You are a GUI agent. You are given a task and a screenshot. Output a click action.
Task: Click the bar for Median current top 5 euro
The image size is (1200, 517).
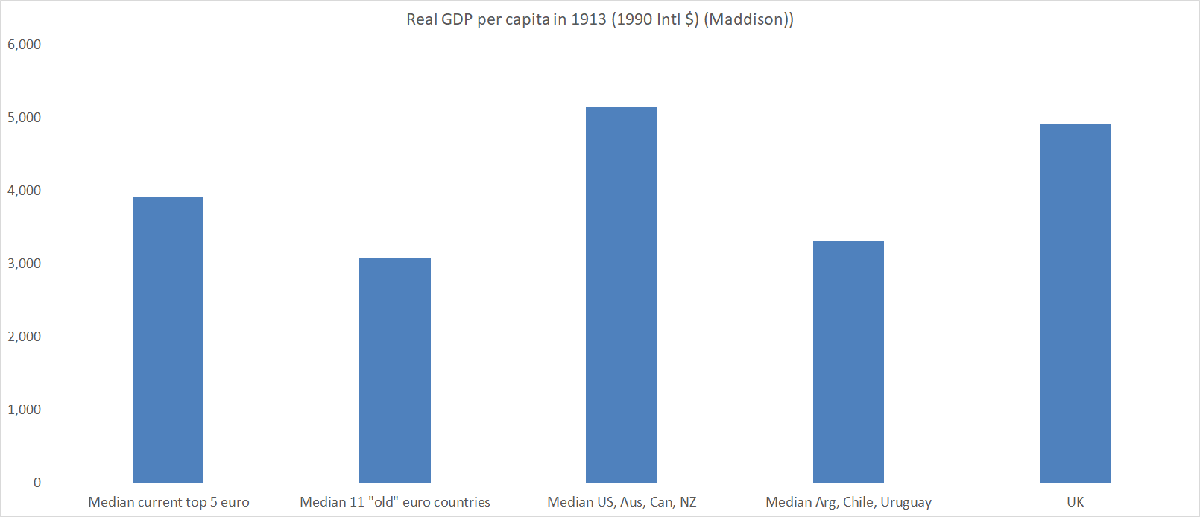pyautogui.click(x=168, y=340)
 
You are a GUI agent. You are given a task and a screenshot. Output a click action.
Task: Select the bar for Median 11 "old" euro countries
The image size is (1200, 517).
pyautogui.click(x=394, y=370)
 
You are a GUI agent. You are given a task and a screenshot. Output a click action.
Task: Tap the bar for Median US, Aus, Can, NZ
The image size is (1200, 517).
pyautogui.click(x=621, y=294)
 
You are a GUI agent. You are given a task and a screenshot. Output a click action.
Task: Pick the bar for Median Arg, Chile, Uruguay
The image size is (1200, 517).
pyautogui.click(x=848, y=361)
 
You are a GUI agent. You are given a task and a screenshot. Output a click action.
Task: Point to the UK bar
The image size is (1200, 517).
pyautogui.click(x=1075, y=302)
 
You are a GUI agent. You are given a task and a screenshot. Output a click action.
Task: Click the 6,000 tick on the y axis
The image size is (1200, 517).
pyautogui.click(x=25, y=45)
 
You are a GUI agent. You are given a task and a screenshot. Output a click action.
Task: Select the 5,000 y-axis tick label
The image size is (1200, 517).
pyautogui.click(x=25, y=118)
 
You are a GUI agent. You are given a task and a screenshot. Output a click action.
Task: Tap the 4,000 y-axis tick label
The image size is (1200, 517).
pyautogui.click(x=25, y=191)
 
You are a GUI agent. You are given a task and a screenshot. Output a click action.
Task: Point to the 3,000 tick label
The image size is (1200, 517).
pyautogui.click(x=25, y=264)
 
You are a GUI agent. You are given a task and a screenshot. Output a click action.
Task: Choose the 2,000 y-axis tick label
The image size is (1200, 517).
pyautogui.click(x=25, y=337)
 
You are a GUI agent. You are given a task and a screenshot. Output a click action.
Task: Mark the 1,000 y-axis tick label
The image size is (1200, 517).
pyautogui.click(x=25, y=410)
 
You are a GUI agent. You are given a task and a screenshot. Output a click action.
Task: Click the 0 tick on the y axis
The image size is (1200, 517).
pyautogui.click(x=37, y=483)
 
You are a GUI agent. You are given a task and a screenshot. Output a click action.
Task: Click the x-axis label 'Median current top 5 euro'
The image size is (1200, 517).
pyautogui.click(x=168, y=502)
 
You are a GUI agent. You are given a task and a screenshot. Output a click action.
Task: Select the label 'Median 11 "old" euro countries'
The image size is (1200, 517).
pyautogui.click(x=395, y=502)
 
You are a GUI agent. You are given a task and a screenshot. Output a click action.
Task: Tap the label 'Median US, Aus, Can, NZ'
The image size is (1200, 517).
pyautogui.click(x=622, y=502)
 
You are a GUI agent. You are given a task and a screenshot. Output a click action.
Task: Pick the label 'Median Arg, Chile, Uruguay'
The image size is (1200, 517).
pyautogui.click(x=848, y=502)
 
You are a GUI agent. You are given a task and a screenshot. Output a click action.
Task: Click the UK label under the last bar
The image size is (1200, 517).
pyautogui.click(x=1075, y=502)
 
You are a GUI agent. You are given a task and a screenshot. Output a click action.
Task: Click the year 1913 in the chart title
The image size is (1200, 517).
pyautogui.click(x=589, y=19)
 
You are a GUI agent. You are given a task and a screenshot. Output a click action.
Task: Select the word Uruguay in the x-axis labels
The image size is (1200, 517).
pyautogui.click(x=906, y=502)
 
